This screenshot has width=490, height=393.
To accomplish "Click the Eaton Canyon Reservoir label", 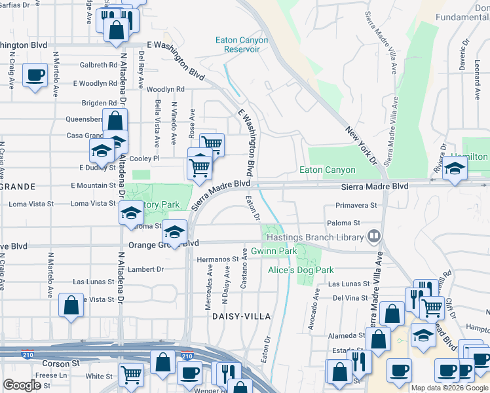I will click(242, 45).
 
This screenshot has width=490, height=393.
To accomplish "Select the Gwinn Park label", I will click(270, 252).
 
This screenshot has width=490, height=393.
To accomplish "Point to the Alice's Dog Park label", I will click(301, 270).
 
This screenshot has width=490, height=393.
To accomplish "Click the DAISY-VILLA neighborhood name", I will click(241, 316).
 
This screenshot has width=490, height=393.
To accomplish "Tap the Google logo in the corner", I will click(22, 385).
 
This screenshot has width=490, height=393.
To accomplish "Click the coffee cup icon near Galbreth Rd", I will click(35, 74).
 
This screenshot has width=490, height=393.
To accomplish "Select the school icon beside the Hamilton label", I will click(454, 170).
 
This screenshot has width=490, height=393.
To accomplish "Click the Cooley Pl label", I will click(147, 159).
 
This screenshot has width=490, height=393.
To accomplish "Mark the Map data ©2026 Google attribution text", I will click(449, 388).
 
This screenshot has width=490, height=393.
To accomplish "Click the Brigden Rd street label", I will click(99, 103).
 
